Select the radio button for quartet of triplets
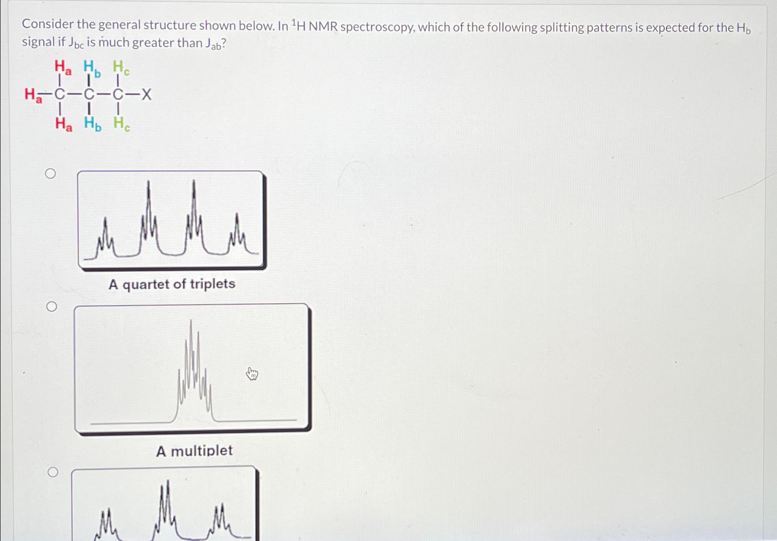click(51, 174)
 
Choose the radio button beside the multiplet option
click(52, 307)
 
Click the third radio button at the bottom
click(53, 472)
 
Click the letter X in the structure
click(146, 95)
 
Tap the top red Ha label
click(63, 67)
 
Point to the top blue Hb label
click(91, 68)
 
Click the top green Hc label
click(121, 68)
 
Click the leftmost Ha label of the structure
click(32, 96)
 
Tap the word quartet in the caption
click(145, 284)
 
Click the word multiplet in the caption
click(202, 451)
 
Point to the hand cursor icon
click(252, 373)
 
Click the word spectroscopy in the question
click(377, 27)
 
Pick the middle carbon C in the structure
click(89, 95)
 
